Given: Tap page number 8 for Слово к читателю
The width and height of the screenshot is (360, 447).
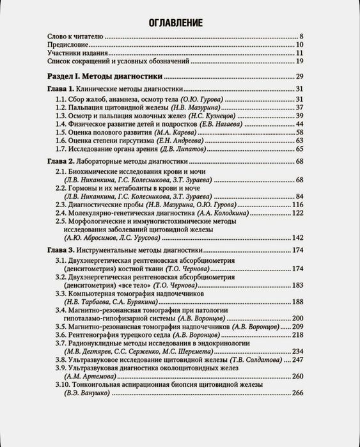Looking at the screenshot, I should click(x=299, y=36).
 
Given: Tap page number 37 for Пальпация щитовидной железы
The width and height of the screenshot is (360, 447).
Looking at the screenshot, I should click(x=299, y=107).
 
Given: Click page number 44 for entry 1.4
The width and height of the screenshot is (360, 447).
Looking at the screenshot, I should click(x=299, y=124).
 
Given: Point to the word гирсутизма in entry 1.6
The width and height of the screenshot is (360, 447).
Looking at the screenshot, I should click(x=143, y=140).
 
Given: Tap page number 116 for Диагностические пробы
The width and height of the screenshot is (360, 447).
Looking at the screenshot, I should click(x=297, y=204).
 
